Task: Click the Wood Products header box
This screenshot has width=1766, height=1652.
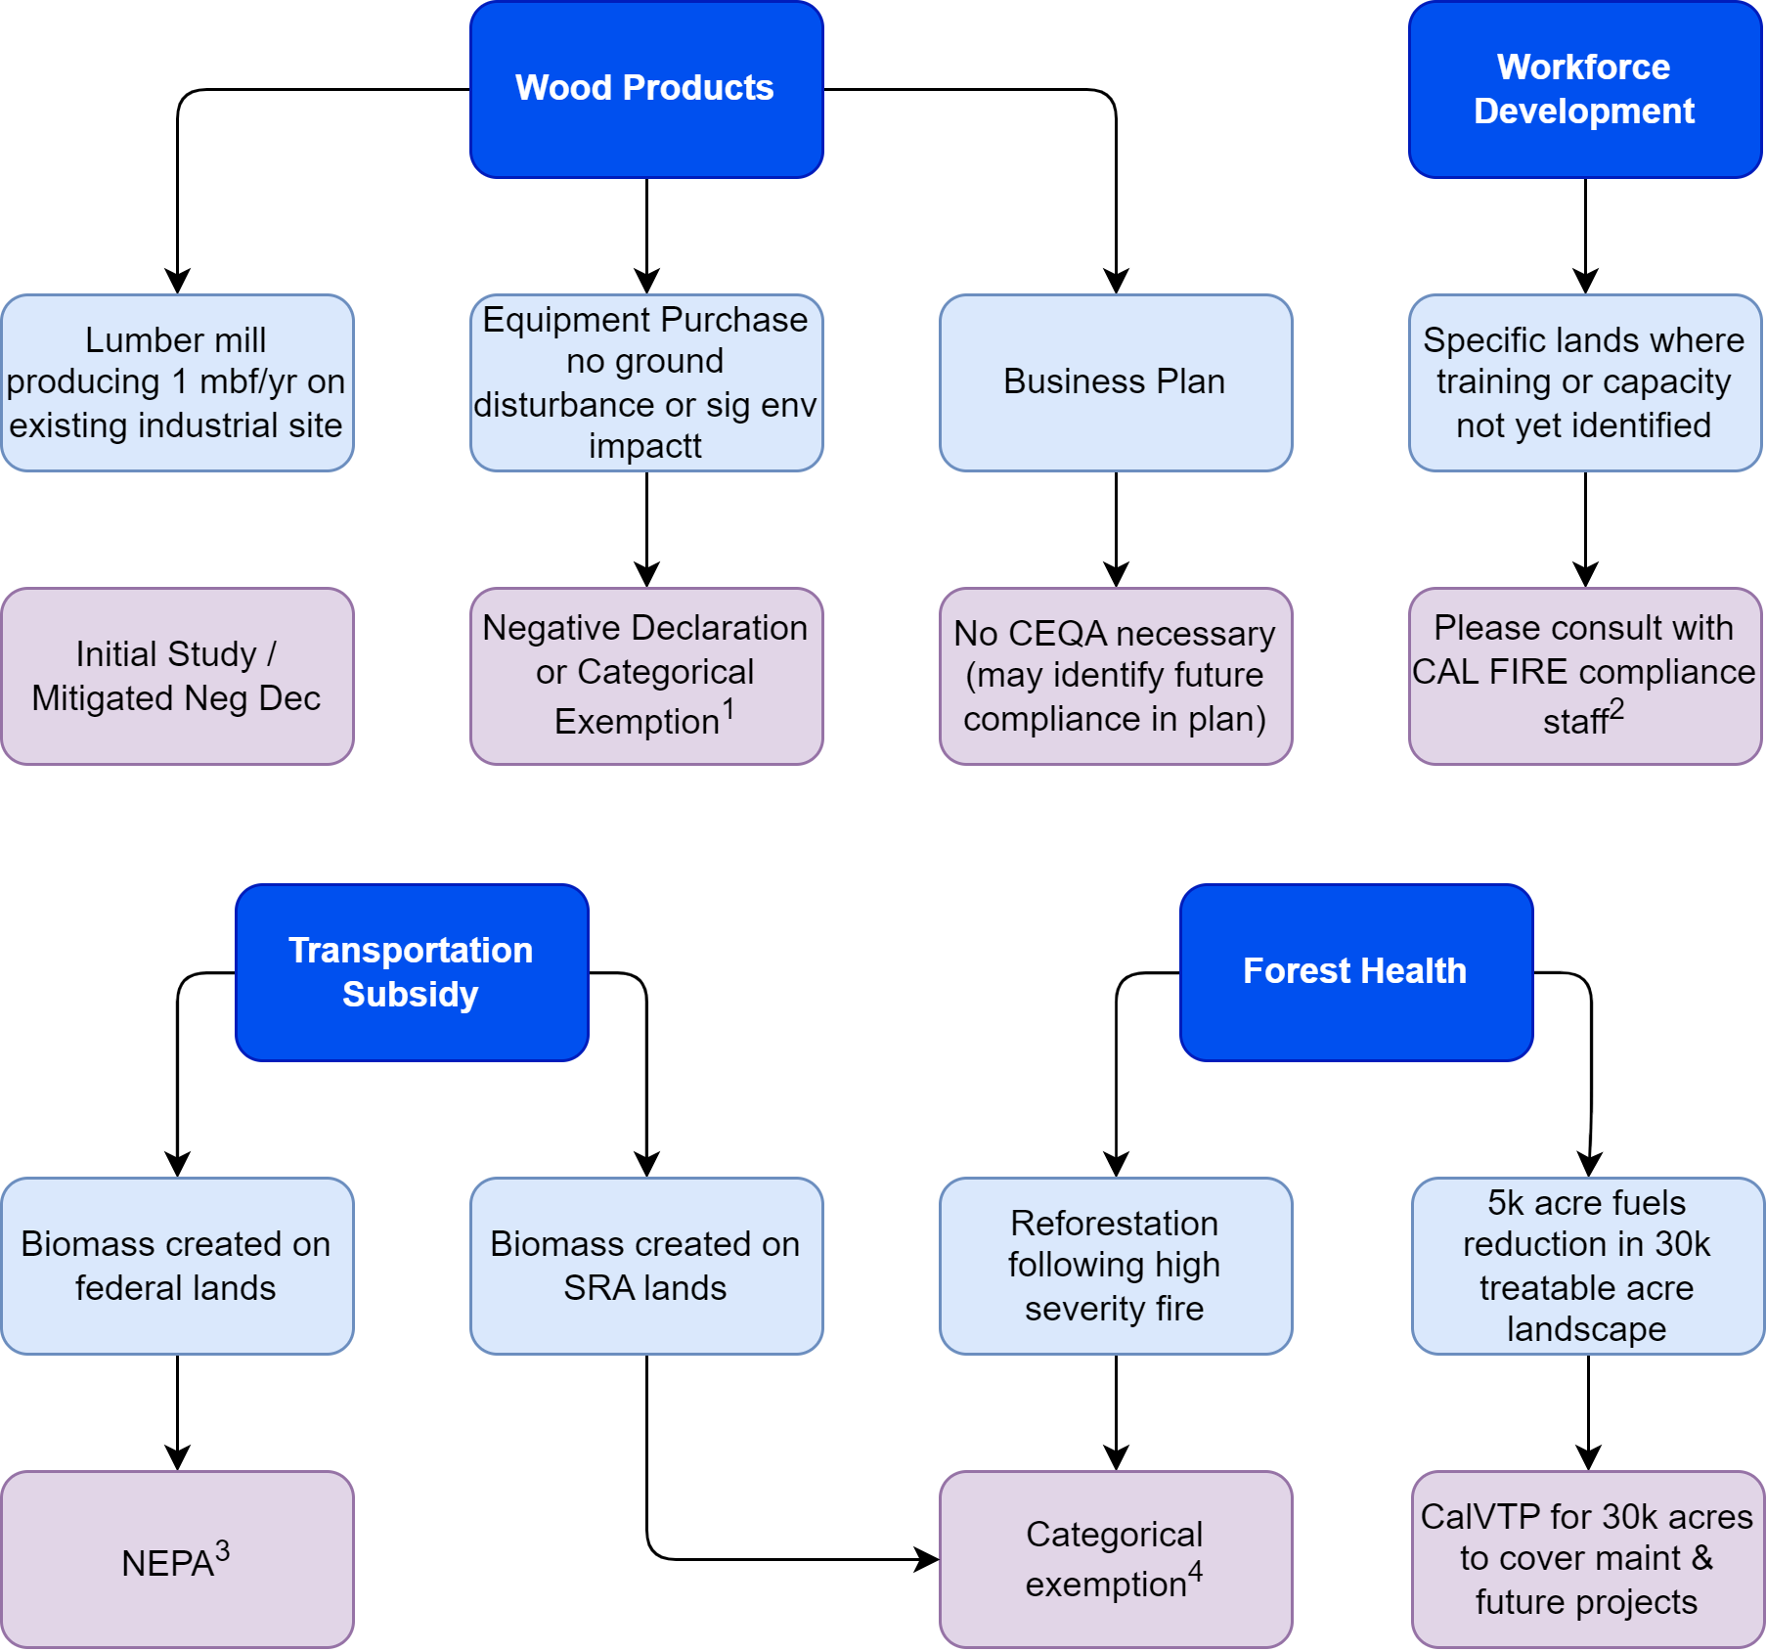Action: click(645, 89)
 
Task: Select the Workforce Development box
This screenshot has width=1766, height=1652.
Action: click(1584, 89)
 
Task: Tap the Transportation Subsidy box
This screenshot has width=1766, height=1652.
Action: click(411, 972)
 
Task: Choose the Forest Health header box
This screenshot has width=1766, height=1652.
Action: click(1355, 972)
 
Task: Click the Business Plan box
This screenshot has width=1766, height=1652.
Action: click(1115, 382)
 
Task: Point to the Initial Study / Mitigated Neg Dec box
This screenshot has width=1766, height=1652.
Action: click(177, 676)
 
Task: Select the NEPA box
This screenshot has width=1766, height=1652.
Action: click(177, 1559)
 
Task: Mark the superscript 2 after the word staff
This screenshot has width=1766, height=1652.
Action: click(1616, 709)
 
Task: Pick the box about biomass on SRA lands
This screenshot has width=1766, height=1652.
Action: click(645, 1266)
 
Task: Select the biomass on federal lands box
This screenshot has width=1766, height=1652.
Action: click(177, 1266)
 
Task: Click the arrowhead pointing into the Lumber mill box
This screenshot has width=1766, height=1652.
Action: click(177, 282)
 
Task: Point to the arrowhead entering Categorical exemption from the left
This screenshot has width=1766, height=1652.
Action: click(926, 1559)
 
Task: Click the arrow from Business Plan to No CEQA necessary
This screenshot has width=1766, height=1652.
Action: click(1116, 528)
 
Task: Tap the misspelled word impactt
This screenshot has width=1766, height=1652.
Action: click(645, 446)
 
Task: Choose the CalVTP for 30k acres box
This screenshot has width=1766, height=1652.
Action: click(1587, 1559)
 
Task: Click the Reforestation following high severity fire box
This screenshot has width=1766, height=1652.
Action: click(1115, 1266)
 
